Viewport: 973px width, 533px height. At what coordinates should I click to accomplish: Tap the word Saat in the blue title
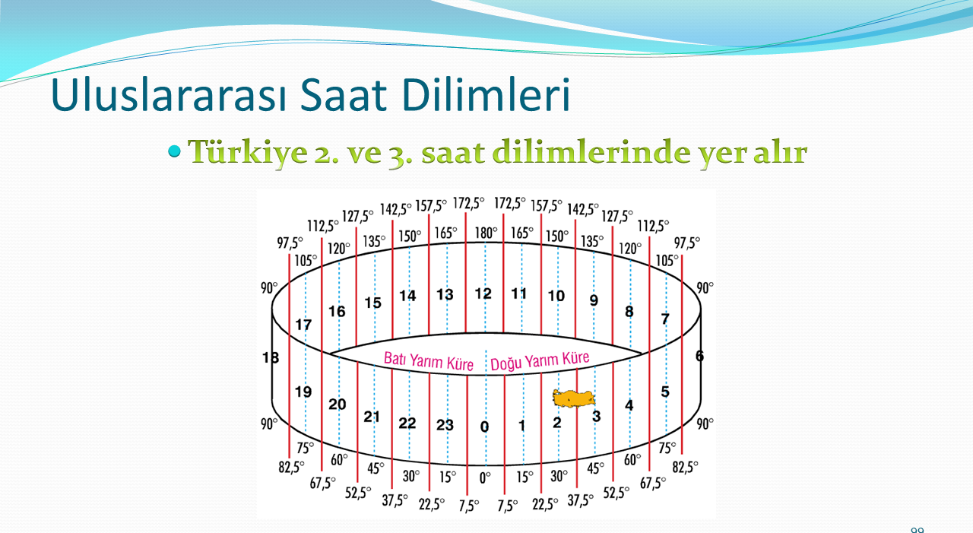(343, 95)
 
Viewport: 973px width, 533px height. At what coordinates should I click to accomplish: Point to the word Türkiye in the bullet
(247, 153)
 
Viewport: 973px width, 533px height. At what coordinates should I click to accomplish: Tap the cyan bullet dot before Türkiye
(174, 151)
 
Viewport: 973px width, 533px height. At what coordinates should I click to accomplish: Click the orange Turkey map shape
(573, 398)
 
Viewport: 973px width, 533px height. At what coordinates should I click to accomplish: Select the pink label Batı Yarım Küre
(428, 361)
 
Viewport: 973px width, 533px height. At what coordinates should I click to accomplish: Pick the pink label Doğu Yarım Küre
(540, 361)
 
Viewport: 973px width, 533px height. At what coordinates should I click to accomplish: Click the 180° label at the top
(486, 233)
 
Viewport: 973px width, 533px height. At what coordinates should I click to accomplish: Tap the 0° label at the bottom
(485, 478)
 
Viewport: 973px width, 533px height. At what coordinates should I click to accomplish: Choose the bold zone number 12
(483, 294)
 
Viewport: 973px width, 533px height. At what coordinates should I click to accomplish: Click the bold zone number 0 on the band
(484, 427)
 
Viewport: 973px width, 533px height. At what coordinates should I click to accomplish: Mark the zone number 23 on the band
(445, 425)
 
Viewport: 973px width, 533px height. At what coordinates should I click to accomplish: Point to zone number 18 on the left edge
(271, 358)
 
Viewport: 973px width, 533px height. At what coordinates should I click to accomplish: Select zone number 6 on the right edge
(699, 356)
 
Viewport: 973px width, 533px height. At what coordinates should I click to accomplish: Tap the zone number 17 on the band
(303, 325)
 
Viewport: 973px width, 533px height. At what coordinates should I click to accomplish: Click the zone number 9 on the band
(594, 300)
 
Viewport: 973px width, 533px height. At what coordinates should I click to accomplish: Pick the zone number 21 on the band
(372, 417)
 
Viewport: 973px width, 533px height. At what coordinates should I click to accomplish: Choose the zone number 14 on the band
(407, 297)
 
